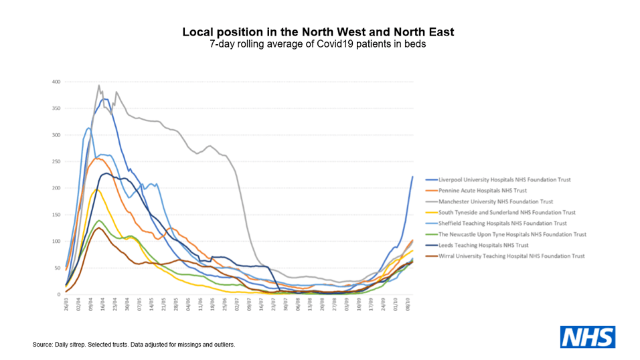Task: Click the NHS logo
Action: coord(587,337)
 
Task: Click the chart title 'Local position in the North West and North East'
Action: coord(319,32)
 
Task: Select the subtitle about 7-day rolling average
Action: coord(319,44)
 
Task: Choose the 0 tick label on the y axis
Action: coord(58,294)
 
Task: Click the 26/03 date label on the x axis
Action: coord(66,305)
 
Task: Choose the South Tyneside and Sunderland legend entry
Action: coord(507,212)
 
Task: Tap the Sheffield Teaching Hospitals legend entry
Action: coord(503,223)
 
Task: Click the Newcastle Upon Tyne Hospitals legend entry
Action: coord(512,234)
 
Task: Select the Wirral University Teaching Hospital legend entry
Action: coord(511,256)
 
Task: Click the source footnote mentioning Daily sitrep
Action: coord(134,345)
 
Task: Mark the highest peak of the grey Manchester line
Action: coord(99,86)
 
